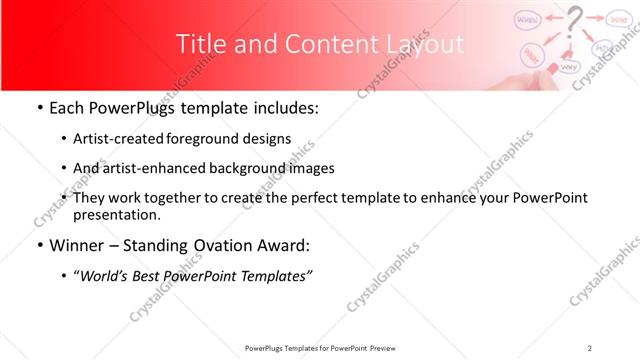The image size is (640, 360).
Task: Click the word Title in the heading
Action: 199,45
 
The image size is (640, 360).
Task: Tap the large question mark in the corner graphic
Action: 574,21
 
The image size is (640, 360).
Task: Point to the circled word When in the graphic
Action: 529,18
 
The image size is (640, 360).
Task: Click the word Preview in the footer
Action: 388,347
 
